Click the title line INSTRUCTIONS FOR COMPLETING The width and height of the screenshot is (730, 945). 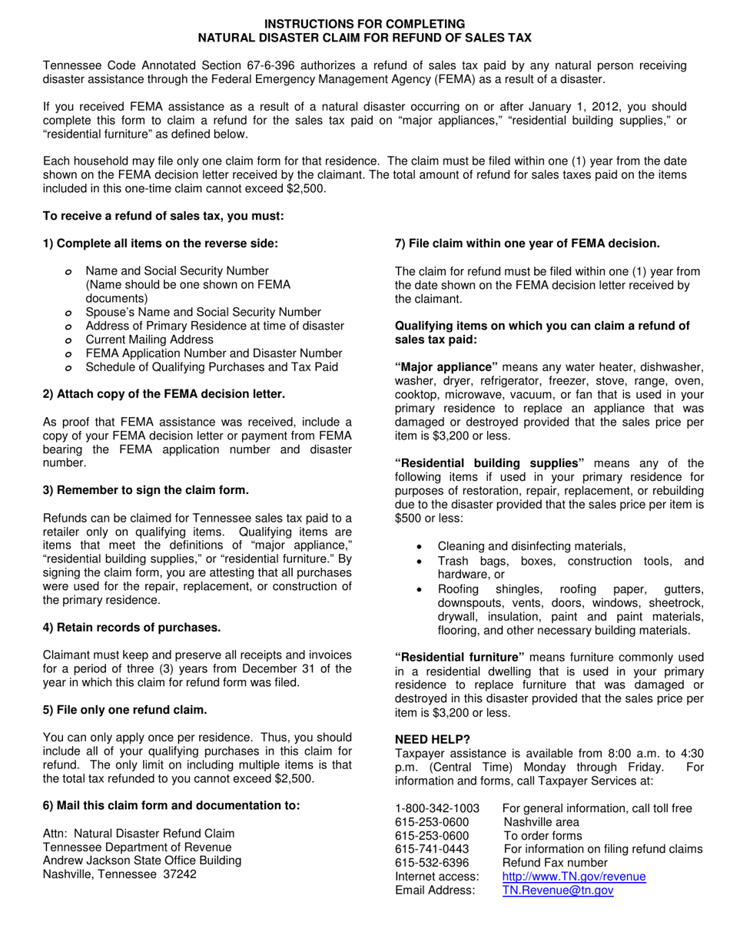(x=365, y=24)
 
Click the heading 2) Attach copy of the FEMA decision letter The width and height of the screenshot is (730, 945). (x=164, y=394)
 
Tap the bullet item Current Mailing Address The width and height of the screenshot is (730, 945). (x=149, y=340)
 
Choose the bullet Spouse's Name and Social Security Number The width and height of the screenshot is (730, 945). (x=203, y=312)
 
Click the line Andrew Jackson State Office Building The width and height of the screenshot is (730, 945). (x=142, y=860)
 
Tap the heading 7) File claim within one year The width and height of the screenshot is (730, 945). (x=526, y=244)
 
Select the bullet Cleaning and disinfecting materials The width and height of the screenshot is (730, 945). (x=531, y=546)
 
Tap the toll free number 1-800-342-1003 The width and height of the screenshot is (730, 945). (x=436, y=808)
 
